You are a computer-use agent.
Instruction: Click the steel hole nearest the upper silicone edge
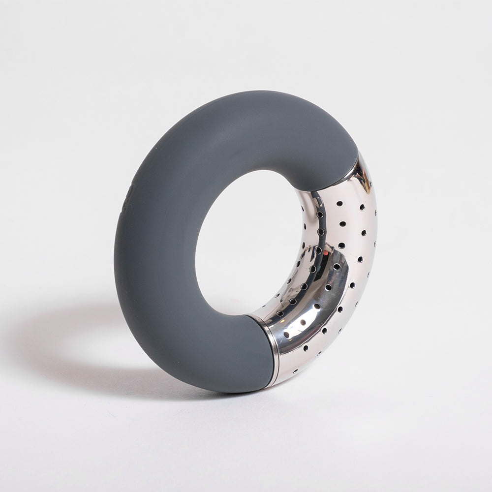pos(339,202)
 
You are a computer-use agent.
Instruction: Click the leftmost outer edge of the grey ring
pos(115,246)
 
